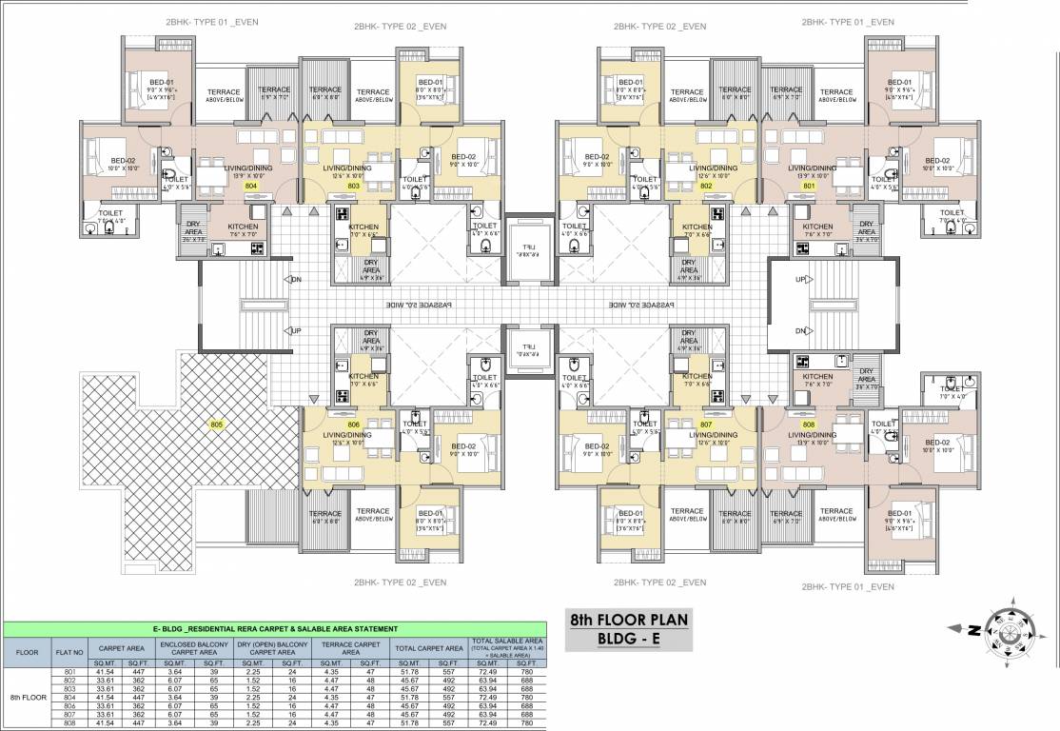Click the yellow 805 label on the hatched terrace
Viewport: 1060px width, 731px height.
tap(217, 425)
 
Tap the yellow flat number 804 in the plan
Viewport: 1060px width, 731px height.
tap(250, 188)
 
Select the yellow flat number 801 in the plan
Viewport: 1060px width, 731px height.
tap(810, 188)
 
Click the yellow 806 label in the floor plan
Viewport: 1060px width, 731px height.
tap(354, 425)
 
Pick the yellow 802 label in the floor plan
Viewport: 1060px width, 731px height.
tap(706, 188)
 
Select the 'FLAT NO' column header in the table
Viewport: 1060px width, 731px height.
tap(69, 653)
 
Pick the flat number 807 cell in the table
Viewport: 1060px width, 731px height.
tap(69, 715)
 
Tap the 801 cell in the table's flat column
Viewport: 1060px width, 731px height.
tap(69, 672)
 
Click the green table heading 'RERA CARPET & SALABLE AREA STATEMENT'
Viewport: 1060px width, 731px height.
tap(276, 630)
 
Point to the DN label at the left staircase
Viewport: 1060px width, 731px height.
tap(296, 280)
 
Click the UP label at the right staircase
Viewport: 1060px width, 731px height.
tap(800, 280)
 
